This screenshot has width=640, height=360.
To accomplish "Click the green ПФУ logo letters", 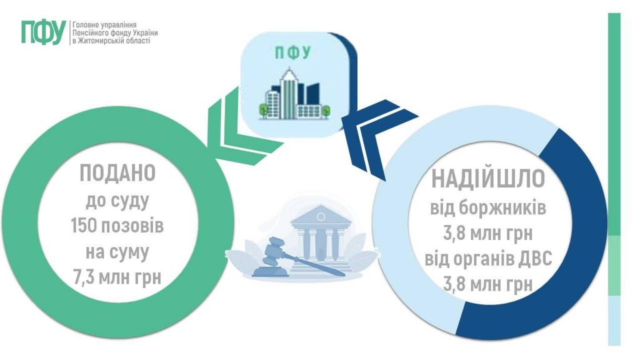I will click(42, 32).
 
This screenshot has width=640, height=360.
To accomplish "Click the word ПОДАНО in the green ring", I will click(117, 173).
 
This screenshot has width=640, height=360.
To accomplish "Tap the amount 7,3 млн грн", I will click(117, 275).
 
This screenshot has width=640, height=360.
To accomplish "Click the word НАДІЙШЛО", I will click(488, 179).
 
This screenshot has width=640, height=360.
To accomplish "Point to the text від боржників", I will click(488, 208).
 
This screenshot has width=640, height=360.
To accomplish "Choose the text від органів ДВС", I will click(488, 257).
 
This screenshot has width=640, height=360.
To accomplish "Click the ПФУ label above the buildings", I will click(292, 52).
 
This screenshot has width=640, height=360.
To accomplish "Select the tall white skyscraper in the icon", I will click(289, 94).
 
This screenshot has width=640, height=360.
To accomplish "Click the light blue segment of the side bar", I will click(614, 319).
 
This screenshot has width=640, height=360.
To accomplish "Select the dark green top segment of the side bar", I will click(614, 125).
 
